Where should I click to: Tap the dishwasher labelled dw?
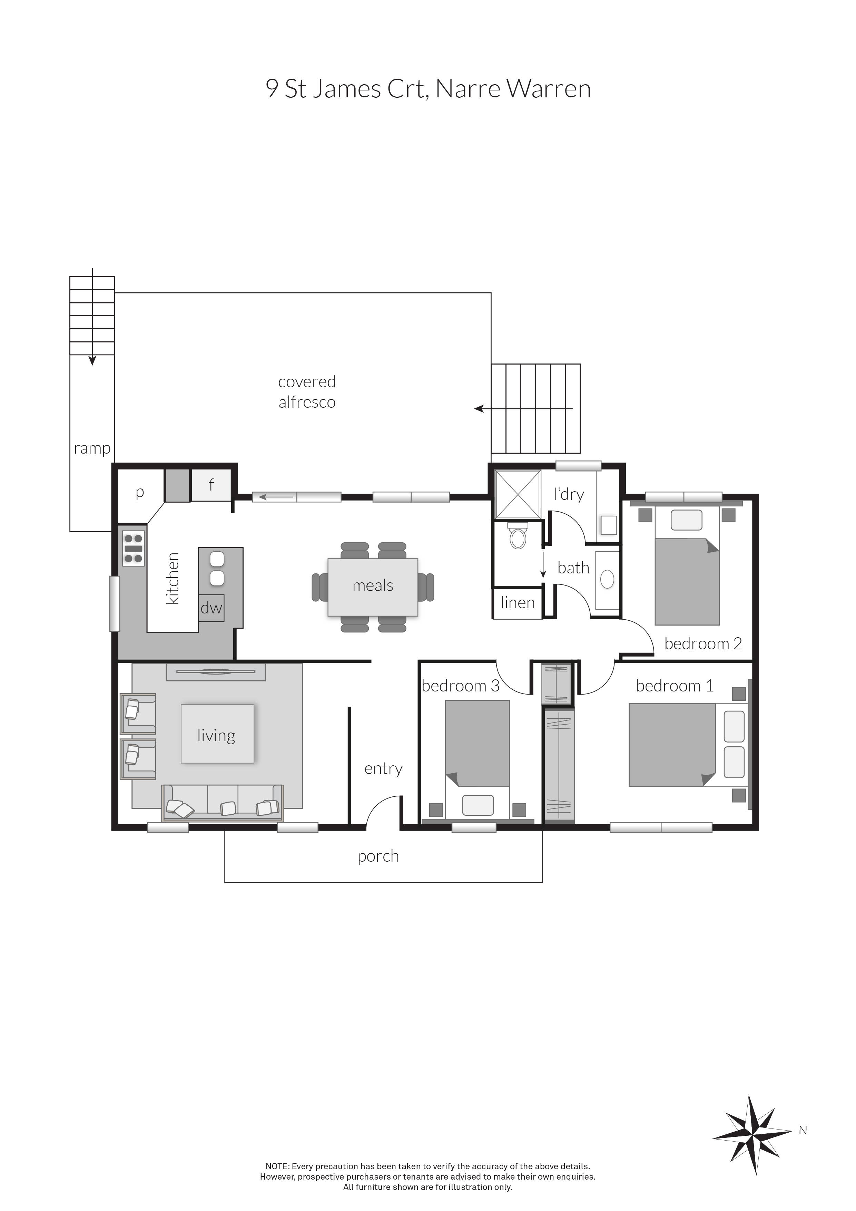click(x=211, y=608)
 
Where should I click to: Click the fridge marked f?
click(x=211, y=485)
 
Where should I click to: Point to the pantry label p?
click(x=140, y=493)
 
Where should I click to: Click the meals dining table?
click(x=373, y=587)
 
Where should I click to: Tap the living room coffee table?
click(x=217, y=734)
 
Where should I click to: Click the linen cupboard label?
click(x=518, y=603)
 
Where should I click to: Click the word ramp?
click(x=92, y=448)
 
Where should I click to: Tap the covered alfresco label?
click(x=307, y=391)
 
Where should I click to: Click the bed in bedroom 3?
click(x=477, y=757)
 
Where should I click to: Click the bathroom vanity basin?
click(x=607, y=579)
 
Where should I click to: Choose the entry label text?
click(x=383, y=768)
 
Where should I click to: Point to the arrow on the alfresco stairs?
click(x=522, y=408)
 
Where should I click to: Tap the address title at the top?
click(x=428, y=89)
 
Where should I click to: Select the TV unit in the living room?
click(x=216, y=672)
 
